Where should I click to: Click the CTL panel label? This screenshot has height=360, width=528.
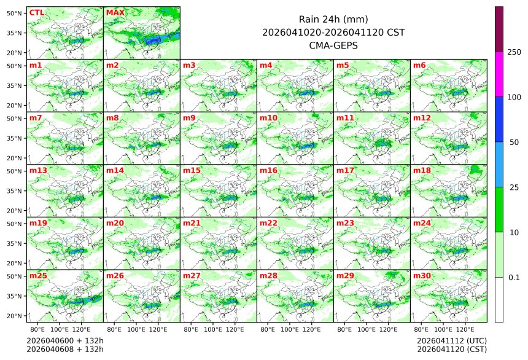tap(36, 12)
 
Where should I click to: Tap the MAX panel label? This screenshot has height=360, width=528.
tap(115, 12)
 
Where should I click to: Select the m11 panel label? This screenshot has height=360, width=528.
tap(345, 118)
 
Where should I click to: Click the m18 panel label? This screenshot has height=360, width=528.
tap(422, 170)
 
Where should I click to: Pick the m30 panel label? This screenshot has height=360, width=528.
tap(422, 276)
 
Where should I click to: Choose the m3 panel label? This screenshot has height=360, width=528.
tap(189, 65)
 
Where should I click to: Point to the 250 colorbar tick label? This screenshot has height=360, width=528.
tap(514, 52)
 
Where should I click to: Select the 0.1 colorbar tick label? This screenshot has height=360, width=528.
tap(514, 277)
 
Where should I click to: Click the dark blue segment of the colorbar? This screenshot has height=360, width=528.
tap(499, 119)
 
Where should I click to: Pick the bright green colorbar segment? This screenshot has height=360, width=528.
tap(499, 209)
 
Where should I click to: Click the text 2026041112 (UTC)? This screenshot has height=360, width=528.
tap(451, 340)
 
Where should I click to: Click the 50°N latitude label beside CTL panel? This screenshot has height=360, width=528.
tap(14, 13)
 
